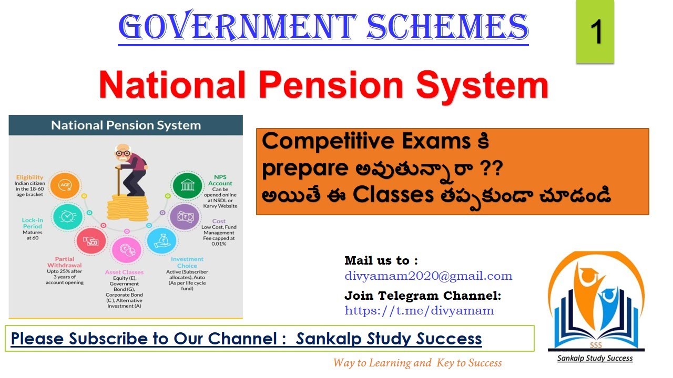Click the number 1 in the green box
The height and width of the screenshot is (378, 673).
pos(596,31)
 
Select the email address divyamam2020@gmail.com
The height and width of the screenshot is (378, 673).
pos(428,276)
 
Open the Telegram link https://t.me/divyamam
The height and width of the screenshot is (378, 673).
pos(419,310)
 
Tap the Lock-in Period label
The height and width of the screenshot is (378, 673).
pos(33,223)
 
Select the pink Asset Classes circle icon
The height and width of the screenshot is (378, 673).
pos(127,251)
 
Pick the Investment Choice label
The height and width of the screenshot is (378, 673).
pos(187,262)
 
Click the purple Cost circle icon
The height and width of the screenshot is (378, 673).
pos(184,217)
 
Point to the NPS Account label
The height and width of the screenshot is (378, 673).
pos(220,180)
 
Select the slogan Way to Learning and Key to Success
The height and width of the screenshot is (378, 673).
pos(417,363)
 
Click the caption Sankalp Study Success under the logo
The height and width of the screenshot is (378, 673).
pos(595,359)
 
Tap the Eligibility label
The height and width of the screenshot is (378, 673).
pos(29,177)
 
